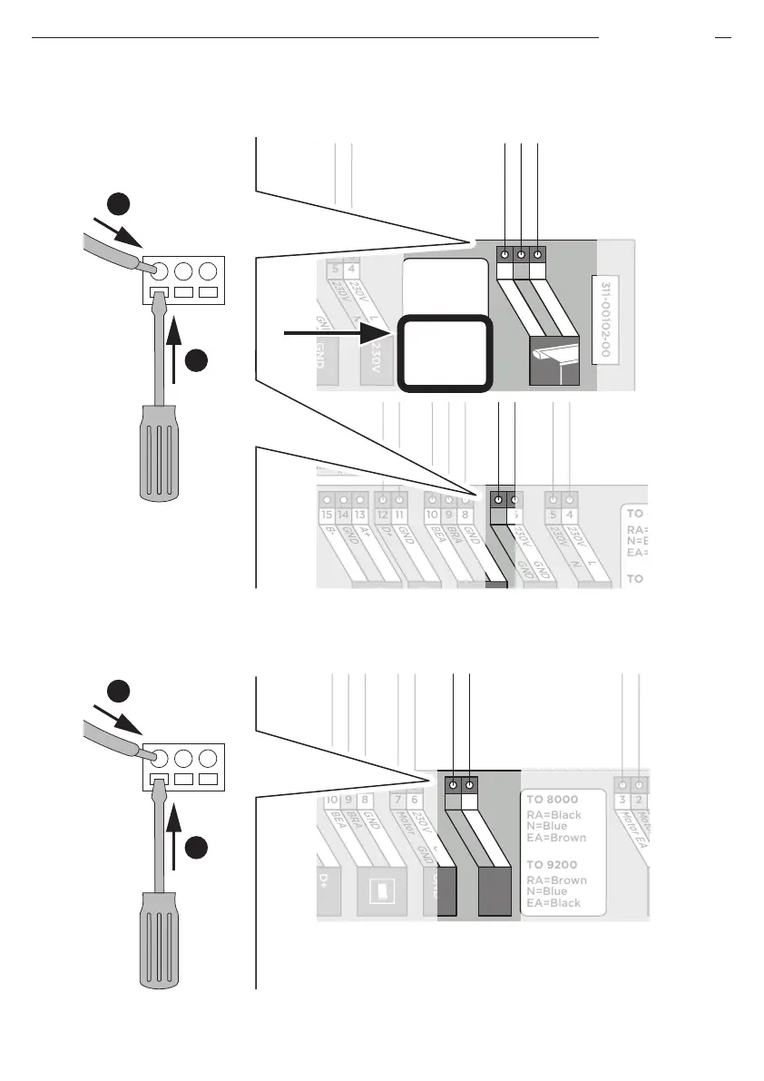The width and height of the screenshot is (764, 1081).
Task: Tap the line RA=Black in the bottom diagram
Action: pos(554,815)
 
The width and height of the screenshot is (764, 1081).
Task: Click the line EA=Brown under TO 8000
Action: pos(557,840)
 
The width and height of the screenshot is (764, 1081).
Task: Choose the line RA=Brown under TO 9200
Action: pos(557,880)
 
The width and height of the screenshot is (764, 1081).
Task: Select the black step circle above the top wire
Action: pos(116,203)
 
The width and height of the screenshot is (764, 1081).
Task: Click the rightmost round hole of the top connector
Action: pos(208,271)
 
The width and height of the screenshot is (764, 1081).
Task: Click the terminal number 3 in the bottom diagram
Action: pos(622,801)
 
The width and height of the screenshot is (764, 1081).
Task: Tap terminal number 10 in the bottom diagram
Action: pos(332,801)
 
